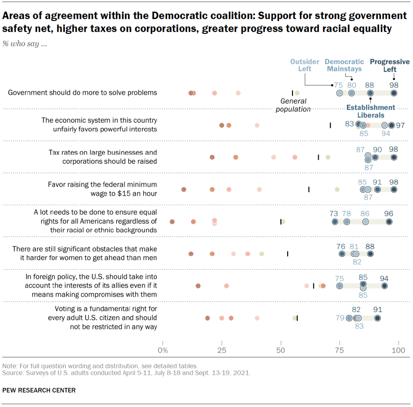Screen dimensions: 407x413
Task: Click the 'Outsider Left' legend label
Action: pos(305,65)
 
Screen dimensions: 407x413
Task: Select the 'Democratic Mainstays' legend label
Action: pos(344,65)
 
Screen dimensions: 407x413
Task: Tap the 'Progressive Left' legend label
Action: pos(390,65)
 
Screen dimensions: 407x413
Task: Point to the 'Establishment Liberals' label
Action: pos(371,111)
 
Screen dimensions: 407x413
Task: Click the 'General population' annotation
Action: pos(293,105)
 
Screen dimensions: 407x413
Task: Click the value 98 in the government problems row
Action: pos(394,85)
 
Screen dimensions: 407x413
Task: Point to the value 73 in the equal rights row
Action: pos(334,213)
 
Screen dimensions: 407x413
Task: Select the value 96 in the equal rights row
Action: pos(389,213)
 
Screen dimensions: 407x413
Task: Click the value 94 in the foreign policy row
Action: pos(384,277)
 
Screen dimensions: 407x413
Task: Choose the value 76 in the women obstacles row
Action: pos(341,246)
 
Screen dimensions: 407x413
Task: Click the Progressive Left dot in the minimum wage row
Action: pos(394,189)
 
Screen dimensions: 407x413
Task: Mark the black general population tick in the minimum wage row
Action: pos(309,189)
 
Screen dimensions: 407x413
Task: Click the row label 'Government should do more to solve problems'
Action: pos(83,92)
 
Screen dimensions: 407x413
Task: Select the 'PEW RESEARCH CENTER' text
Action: pos(39,390)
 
